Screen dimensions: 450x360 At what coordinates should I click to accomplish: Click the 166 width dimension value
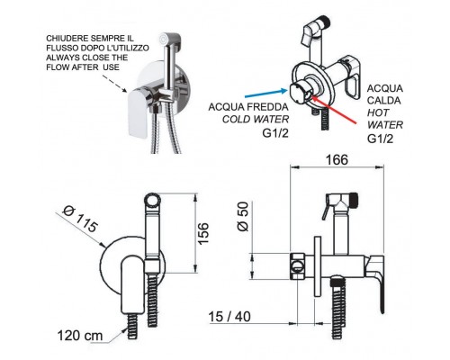tap(337, 159)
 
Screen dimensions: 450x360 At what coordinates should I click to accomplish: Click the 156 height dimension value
tap(203, 234)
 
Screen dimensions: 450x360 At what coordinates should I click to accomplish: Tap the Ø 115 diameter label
tap(80, 219)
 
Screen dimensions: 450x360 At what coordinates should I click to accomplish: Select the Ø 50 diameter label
tap(243, 217)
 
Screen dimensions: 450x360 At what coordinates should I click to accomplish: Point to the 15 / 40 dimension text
tap(229, 317)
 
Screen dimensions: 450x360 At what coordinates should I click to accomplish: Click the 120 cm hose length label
tap(80, 336)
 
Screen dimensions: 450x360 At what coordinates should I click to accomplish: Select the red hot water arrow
tap(334, 108)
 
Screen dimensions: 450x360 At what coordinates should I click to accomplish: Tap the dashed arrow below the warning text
tap(115, 84)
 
